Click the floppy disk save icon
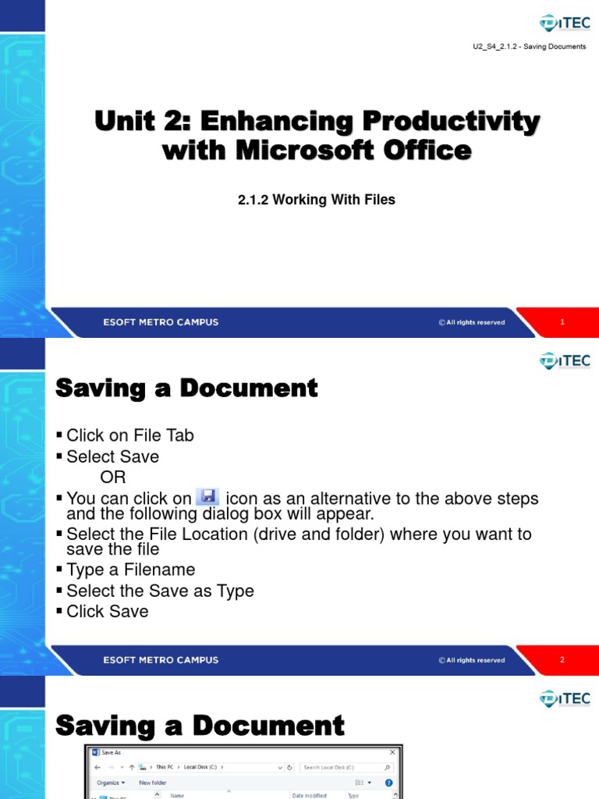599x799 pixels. [x=207, y=497]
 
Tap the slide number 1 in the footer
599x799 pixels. [x=562, y=322]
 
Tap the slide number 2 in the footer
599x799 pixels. [x=562, y=660]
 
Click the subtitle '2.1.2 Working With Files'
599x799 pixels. [x=317, y=200]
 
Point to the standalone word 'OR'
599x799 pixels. [x=112, y=477]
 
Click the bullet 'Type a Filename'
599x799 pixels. [x=130, y=570]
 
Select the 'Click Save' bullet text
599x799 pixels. [x=107, y=612]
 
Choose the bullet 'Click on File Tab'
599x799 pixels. [x=129, y=435]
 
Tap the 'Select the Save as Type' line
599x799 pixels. [x=160, y=591]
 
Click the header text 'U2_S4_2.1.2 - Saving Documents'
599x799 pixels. [x=529, y=47]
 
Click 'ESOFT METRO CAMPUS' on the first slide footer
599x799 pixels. [x=161, y=322]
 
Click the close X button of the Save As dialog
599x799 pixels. [x=392, y=752]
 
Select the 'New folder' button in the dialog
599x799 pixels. [x=153, y=783]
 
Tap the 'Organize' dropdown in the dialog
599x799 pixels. [x=111, y=783]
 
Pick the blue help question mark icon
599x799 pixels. [x=388, y=783]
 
